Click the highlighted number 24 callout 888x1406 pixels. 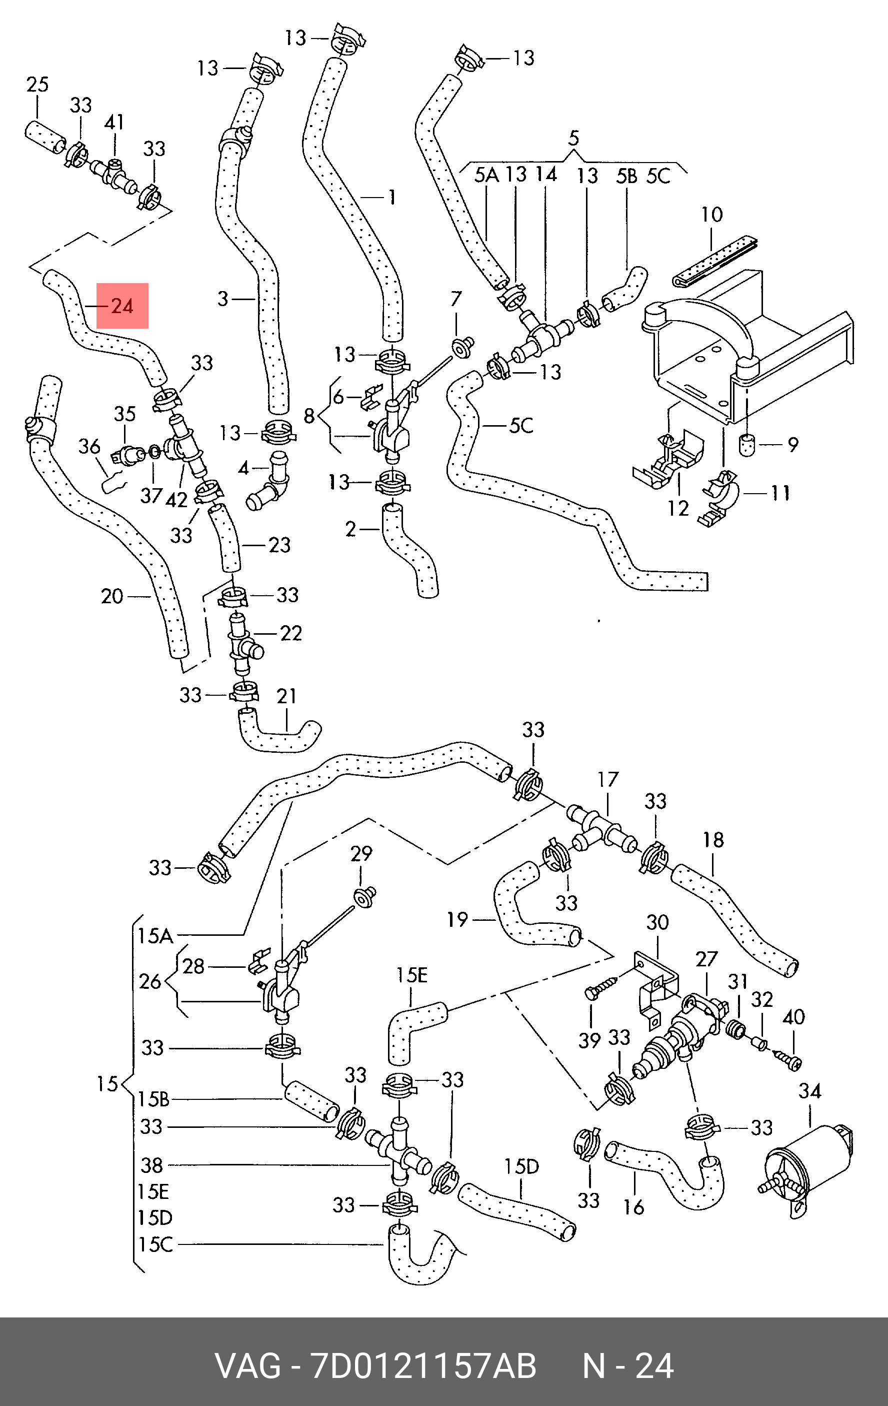(122, 306)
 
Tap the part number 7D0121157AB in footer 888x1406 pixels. (424, 1366)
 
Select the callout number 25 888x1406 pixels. (37, 85)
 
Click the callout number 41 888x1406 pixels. (114, 122)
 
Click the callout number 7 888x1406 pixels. (456, 299)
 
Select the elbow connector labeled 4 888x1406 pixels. (267, 481)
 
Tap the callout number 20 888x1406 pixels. (112, 596)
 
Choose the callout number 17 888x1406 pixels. (608, 779)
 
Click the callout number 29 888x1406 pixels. (361, 854)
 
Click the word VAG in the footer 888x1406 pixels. (248, 1366)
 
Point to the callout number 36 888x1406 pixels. (89, 447)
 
